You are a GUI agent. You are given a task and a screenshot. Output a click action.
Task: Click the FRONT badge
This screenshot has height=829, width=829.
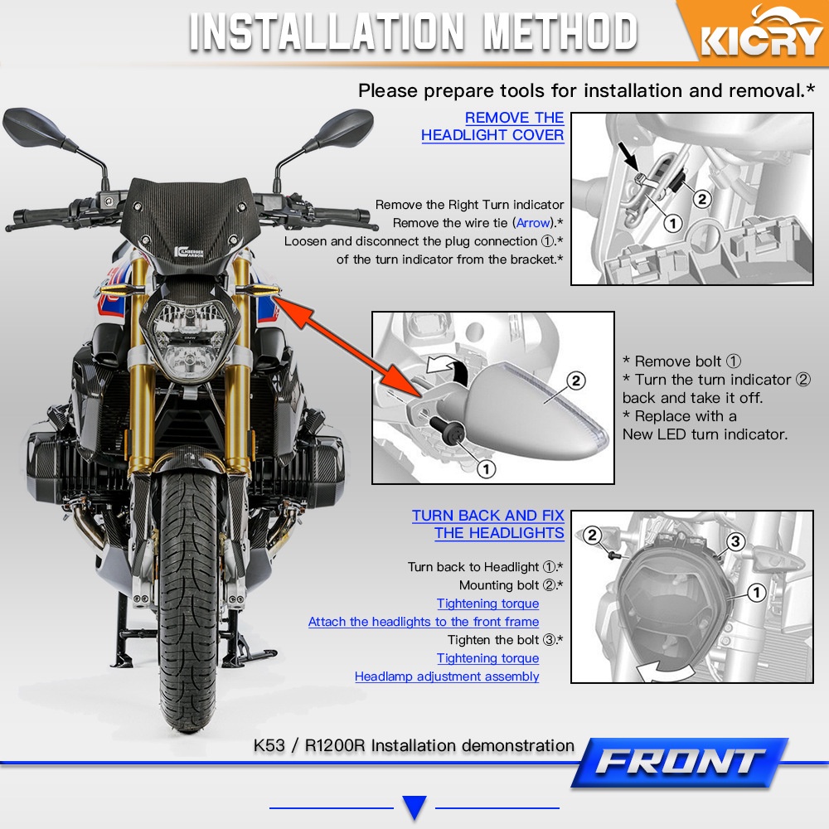(680, 763)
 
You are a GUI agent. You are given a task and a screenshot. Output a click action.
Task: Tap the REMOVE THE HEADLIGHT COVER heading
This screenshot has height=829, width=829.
(492, 126)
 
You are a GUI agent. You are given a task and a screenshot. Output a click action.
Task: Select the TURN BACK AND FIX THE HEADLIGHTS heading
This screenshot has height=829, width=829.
(488, 524)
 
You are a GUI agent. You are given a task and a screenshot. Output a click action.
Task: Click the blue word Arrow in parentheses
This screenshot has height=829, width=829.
(533, 223)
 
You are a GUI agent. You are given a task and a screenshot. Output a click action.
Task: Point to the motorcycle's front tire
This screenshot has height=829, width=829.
(187, 601)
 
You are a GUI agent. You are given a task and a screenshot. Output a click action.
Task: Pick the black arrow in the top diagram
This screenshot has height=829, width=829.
(628, 157)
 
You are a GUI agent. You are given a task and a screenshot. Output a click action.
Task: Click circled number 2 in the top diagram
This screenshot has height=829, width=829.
(702, 199)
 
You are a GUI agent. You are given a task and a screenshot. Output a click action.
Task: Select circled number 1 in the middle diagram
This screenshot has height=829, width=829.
(486, 468)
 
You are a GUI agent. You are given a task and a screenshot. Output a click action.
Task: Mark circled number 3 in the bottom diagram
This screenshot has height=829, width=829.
(734, 541)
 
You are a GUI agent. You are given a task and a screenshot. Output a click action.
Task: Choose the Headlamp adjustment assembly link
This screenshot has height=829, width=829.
(447, 676)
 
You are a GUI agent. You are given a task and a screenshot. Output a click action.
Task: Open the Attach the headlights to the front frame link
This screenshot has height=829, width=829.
(424, 622)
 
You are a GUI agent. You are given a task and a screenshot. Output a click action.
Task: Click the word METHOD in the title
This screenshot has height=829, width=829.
(560, 32)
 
